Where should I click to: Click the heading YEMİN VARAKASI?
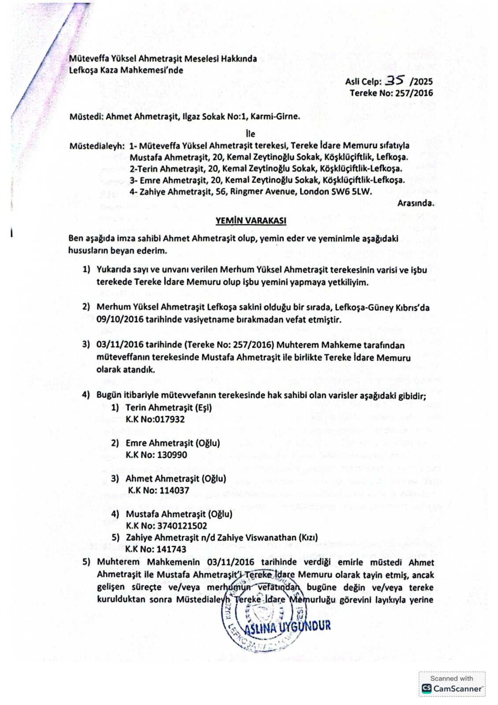pos(250,220)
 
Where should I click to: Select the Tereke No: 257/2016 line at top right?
pos(391,93)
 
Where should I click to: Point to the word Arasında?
pos(415,203)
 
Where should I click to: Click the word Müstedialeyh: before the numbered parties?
pos(97,146)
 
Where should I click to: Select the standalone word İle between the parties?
pos(250,134)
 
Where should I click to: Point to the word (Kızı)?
pos(308,538)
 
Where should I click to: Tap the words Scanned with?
pos(451,679)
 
